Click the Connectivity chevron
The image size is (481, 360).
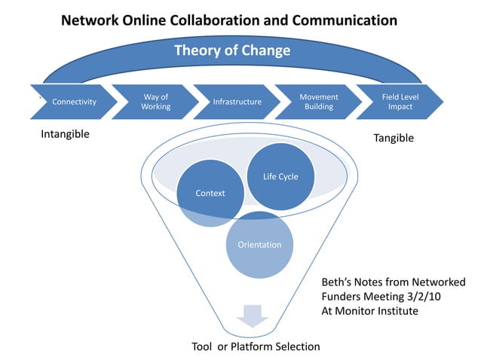pos(73,102)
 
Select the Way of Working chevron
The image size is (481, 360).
pos(155,102)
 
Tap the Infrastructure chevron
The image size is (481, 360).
pos(237,102)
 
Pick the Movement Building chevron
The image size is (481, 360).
pos(318,102)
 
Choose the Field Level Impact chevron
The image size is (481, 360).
pos(400,102)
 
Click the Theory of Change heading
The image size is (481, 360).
pos(232,51)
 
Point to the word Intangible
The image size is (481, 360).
pos(65,135)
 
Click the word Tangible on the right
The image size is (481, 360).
pos(394,139)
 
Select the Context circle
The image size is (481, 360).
pos(210,194)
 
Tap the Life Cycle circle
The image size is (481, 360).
pos(280,177)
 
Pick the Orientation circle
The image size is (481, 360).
pos(259,245)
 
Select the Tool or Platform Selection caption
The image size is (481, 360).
pos(255,346)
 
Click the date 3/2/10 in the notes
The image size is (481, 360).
pos(426,296)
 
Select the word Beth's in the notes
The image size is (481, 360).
pos(339,282)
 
